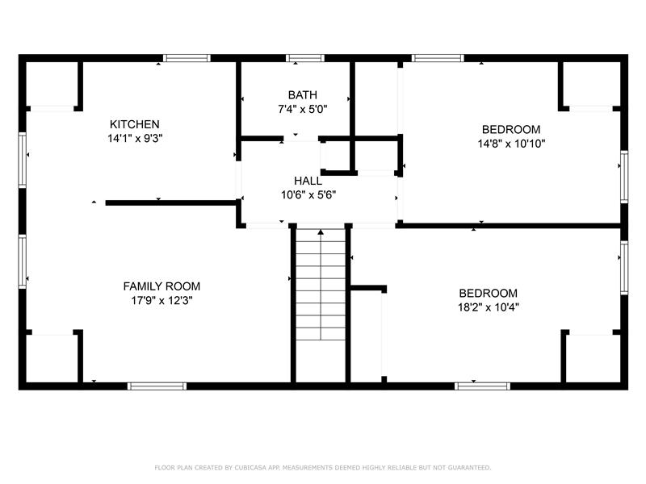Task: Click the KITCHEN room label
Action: [x=134, y=124]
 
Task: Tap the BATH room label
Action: [x=302, y=94]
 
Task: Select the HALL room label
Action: [x=308, y=181]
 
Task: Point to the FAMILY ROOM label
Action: [x=161, y=286]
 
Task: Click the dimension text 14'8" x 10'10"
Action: [x=511, y=144]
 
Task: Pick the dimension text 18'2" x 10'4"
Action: [x=489, y=307]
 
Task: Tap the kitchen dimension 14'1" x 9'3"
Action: [x=135, y=138]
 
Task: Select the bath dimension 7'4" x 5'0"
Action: [x=302, y=109]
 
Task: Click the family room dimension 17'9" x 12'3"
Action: [x=161, y=300]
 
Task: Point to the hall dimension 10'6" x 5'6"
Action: [x=308, y=194]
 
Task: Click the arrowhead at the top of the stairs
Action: [x=321, y=232]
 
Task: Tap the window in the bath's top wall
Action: [x=305, y=58]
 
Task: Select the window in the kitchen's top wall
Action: [x=187, y=58]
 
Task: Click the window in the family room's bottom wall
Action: [x=157, y=386]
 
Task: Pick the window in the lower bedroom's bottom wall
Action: [x=482, y=386]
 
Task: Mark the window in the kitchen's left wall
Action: [x=23, y=160]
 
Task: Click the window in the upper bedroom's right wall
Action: [x=624, y=177]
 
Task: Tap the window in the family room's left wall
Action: [x=23, y=261]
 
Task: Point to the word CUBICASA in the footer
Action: [x=250, y=468]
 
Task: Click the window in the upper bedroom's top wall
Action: [x=438, y=58]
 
